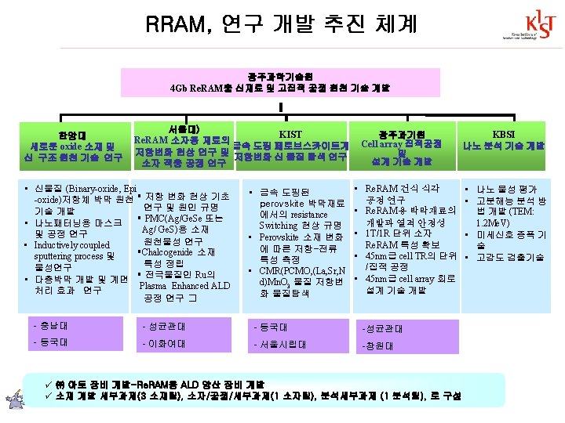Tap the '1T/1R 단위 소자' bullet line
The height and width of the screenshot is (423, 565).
[x=399, y=233]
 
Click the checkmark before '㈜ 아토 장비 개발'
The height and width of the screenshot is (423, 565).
[x=49, y=385]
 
